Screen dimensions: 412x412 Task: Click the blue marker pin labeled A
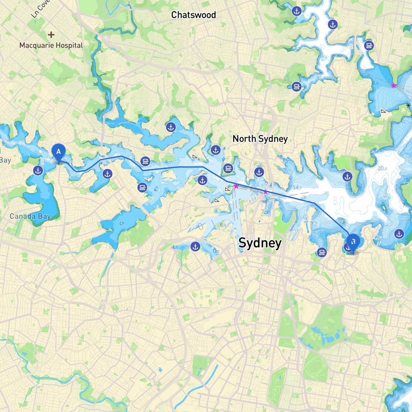click(59, 152)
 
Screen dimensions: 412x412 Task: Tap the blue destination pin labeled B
click(353, 242)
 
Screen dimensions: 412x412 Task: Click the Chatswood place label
click(193, 15)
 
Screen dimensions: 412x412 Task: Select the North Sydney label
click(260, 139)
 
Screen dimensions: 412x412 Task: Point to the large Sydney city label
click(260, 243)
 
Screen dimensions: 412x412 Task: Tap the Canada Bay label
click(30, 216)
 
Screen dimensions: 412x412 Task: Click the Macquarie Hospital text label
click(51, 45)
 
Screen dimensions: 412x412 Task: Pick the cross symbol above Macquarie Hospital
click(51, 35)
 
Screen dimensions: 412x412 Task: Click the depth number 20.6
click(382, 169)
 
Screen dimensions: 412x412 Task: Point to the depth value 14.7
click(297, 188)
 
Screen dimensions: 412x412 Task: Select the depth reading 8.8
click(223, 225)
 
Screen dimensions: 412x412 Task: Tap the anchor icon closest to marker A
click(38, 171)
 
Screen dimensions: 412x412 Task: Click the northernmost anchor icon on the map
click(296, 11)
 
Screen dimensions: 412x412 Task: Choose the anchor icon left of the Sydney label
click(195, 247)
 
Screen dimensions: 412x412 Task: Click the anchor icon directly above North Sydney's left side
click(216, 150)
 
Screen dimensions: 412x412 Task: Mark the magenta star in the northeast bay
click(394, 85)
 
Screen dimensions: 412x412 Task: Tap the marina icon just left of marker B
click(322, 252)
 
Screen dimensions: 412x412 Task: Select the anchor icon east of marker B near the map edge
click(399, 234)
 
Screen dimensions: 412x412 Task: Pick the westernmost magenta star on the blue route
click(236, 186)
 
